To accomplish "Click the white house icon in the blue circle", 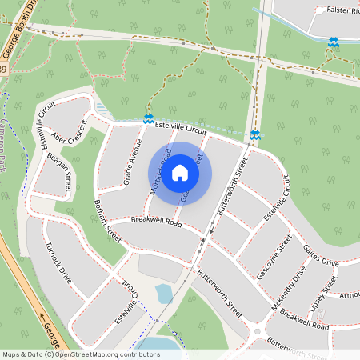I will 180,172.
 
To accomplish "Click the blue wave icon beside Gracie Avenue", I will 148,119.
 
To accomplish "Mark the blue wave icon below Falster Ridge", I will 333,42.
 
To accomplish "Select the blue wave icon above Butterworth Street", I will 254,135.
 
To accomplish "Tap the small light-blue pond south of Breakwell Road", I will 165,294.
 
